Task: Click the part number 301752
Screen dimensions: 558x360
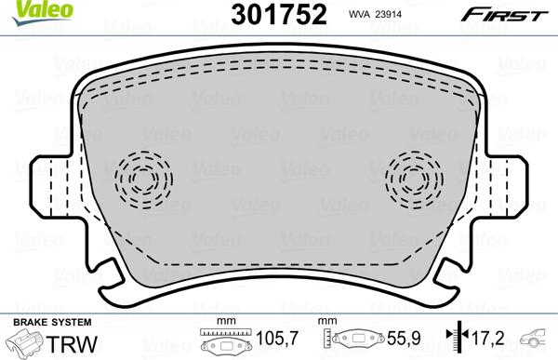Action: click(279, 14)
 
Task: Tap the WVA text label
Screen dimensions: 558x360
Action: click(358, 14)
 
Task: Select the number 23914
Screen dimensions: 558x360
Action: click(388, 14)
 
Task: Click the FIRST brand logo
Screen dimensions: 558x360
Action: click(504, 15)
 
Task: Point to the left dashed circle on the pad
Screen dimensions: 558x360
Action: click(144, 180)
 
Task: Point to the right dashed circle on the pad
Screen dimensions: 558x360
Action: click(414, 180)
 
